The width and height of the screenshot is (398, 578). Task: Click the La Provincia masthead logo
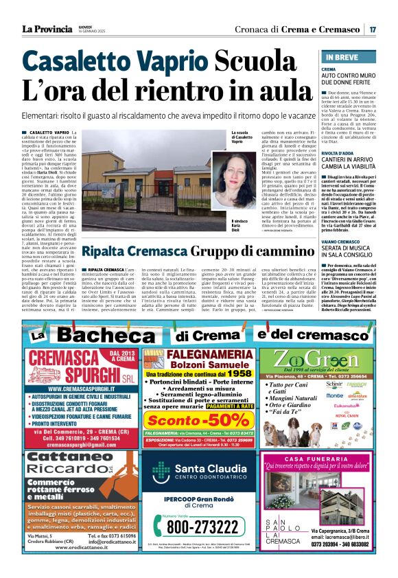coord(47,29)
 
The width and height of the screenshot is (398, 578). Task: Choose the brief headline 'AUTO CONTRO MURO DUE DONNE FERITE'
coord(348,79)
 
